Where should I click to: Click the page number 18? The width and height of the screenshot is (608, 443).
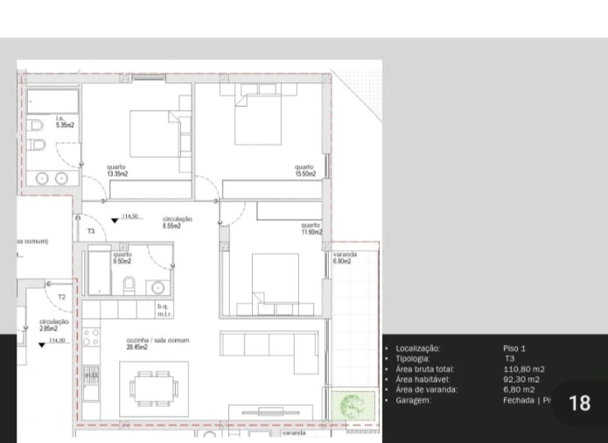[579, 403]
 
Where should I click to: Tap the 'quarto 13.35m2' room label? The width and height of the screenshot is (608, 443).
[117, 171]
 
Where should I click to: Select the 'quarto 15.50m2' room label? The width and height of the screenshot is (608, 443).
[304, 171]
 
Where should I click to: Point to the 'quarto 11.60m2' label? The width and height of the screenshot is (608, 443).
[311, 229]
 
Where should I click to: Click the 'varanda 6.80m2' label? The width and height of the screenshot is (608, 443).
[344, 257]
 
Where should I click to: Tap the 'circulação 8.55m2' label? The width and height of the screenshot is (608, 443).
[178, 222]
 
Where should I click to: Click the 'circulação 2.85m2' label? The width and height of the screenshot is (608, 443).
[54, 325]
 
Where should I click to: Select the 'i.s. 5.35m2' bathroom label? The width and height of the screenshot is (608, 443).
[65, 123]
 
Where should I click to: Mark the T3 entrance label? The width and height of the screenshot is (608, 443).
[91, 231]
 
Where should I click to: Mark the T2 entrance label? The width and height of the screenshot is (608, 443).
[61, 298]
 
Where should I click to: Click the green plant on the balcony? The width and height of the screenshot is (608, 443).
[352, 404]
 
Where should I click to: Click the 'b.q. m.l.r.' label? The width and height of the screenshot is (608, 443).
[163, 310]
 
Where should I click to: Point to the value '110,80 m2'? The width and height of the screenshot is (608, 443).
[524, 369]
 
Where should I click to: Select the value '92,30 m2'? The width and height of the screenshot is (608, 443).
[521, 379]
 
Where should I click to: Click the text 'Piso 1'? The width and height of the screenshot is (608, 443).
[514, 348]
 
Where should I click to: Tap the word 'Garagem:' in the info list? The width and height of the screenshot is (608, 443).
[414, 400]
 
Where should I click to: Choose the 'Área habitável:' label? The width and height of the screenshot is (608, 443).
[423, 379]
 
